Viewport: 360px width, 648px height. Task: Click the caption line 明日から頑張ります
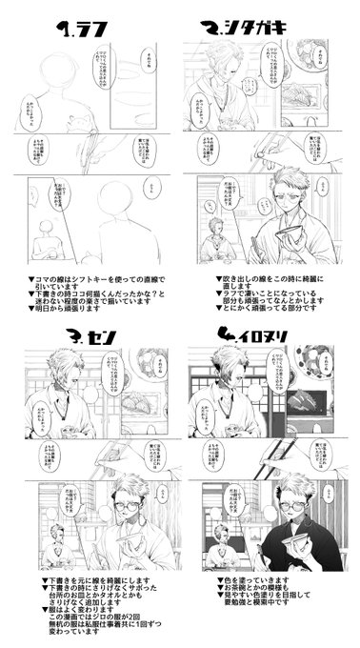(x=67, y=311)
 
